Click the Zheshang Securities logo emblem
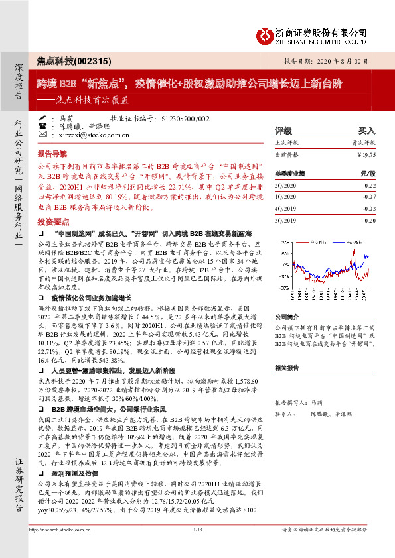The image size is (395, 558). coord(264,35)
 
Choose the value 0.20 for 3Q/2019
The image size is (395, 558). coord(370,219)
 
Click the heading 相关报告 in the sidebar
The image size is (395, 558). coord(288,367)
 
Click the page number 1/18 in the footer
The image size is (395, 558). coord(197,547)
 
